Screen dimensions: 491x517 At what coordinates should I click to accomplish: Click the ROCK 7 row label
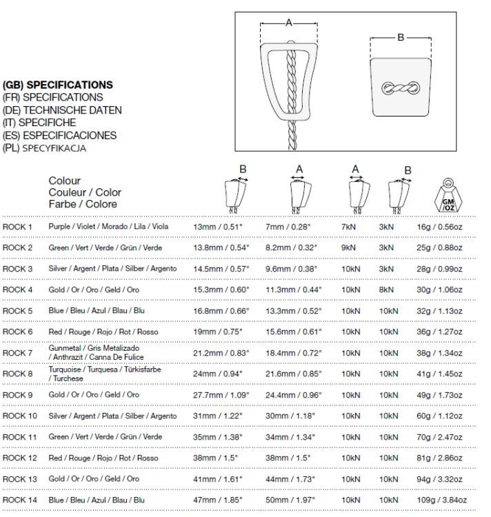[x=17, y=353]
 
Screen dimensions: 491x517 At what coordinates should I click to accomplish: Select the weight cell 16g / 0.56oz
[x=439, y=227]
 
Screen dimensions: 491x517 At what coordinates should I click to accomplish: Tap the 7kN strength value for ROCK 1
[x=348, y=227]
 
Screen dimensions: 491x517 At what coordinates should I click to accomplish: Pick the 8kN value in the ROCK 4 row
[x=386, y=290]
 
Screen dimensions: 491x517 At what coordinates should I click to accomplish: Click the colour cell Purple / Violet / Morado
[x=108, y=227]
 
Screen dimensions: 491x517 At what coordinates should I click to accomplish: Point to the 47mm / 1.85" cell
[x=218, y=500]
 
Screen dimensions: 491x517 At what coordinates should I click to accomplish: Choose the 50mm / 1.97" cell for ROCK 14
[x=290, y=500]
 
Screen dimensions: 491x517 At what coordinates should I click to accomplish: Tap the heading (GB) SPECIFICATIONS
[x=58, y=85]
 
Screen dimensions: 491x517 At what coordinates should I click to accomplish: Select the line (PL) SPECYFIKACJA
[x=45, y=148]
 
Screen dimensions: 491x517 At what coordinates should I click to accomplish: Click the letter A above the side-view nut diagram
[x=289, y=23]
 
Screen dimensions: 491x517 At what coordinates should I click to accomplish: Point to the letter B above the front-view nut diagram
[x=401, y=37]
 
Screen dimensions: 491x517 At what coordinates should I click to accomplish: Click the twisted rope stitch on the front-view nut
[x=401, y=88]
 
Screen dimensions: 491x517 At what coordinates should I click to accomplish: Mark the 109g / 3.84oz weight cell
[x=442, y=500]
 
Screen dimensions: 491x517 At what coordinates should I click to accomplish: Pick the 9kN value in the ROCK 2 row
[x=348, y=247]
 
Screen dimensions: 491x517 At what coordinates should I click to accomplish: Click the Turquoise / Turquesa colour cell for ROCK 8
[x=105, y=374]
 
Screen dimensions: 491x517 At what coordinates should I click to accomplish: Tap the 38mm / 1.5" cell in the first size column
[x=215, y=458]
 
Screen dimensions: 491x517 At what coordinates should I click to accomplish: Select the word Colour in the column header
[x=65, y=181]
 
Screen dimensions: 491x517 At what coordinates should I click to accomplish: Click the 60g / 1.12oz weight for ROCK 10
[x=439, y=416]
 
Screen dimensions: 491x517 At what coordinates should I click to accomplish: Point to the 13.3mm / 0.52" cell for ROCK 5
[x=294, y=311]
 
